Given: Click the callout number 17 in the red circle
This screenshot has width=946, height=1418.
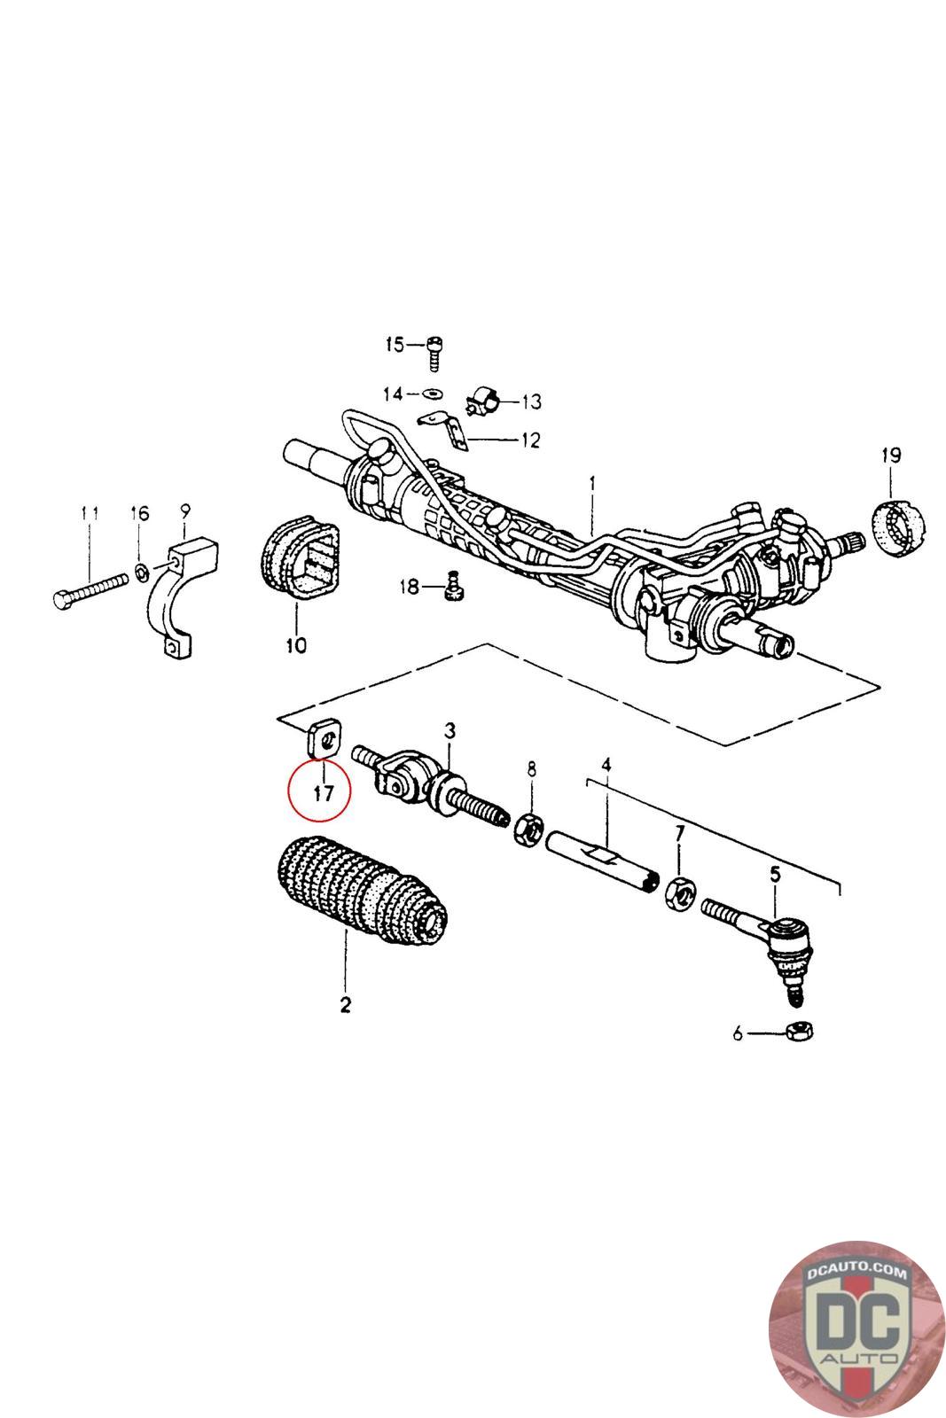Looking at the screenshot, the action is coord(323,792).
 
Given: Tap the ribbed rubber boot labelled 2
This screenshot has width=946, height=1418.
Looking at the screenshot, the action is coord(359,890).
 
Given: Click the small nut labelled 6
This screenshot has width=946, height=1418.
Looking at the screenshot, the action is coord(799,1031).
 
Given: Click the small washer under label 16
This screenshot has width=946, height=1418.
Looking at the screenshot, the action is coord(142,568).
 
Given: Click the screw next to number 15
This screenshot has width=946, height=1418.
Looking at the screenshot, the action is coord(434,352).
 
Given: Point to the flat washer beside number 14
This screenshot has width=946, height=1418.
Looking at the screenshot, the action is coord(433,393).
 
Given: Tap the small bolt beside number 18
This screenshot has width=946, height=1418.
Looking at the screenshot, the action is coord(454,586).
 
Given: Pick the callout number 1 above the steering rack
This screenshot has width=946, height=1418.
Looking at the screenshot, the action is coord(592,485).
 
